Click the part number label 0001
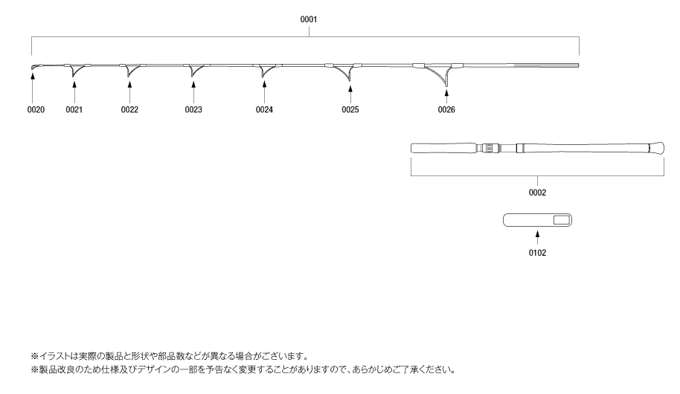[x=309, y=19]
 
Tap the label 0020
[x=36, y=110]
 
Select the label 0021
[x=74, y=110]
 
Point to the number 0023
[x=193, y=110]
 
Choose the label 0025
[x=350, y=110]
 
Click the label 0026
[x=446, y=110]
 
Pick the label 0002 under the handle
[x=537, y=192]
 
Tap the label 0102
[x=537, y=253]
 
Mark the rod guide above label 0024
[x=265, y=71]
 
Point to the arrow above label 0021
[x=74, y=94]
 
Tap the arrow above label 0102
[x=537, y=236]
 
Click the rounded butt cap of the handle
[x=658, y=148]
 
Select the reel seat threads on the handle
[x=489, y=148]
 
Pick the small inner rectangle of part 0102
[x=562, y=220]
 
